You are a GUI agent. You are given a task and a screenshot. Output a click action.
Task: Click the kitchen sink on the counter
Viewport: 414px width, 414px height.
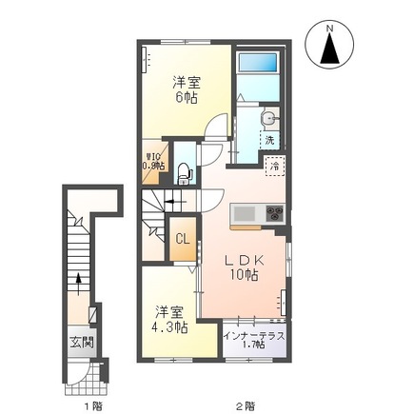click(x=242, y=210)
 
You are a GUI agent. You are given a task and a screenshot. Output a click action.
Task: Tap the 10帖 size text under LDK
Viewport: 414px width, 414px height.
click(x=243, y=277)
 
